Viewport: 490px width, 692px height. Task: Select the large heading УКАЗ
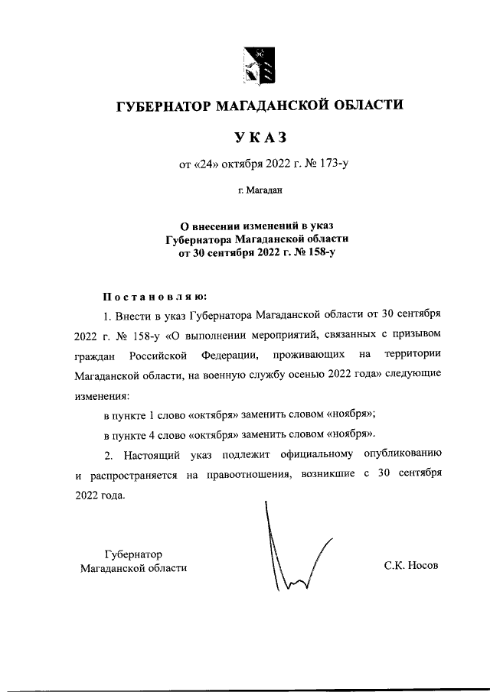(260, 137)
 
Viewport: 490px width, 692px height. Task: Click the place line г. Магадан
(260, 190)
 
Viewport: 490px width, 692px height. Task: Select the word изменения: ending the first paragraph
(103, 397)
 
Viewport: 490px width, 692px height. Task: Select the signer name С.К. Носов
(413, 567)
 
